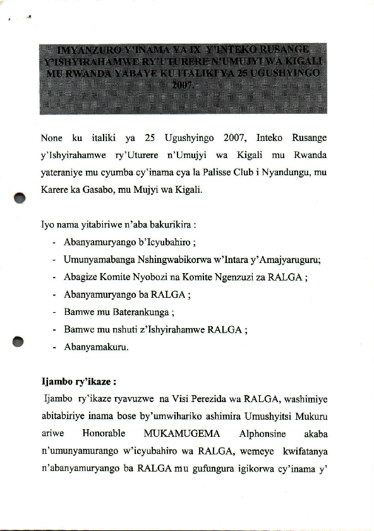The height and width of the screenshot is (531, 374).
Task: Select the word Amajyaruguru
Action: coord(294,259)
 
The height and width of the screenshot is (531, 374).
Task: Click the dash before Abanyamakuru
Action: coord(56,346)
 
